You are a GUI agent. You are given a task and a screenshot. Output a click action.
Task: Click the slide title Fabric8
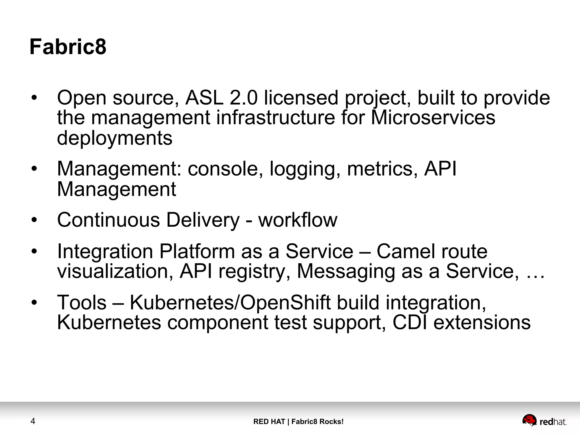[x=68, y=47]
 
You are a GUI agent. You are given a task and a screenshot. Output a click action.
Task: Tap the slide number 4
[x=33, y=421]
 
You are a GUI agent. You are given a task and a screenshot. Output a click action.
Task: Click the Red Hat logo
[x=544, y=421]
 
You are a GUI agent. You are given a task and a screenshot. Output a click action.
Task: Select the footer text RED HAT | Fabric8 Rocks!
[x=298, y=422]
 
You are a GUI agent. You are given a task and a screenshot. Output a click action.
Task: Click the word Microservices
[x=433, y=118]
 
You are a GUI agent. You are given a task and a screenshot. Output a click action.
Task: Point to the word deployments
[x=115, y=138]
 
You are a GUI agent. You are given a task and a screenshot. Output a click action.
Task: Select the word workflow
[x=298, y=220]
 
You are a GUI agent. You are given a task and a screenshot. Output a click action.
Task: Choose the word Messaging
[x=346, y=272]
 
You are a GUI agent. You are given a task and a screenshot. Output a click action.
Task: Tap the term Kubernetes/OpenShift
[x=230, y=303]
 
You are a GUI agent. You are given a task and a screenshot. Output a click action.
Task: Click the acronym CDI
[x=410, y=323]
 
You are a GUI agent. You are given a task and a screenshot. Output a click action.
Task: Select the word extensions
[x=482, y=323]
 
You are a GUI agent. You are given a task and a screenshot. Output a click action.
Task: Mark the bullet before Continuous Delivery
[x=34, y=220]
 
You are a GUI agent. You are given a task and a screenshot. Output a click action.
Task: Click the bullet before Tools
[x=34, y=302]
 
